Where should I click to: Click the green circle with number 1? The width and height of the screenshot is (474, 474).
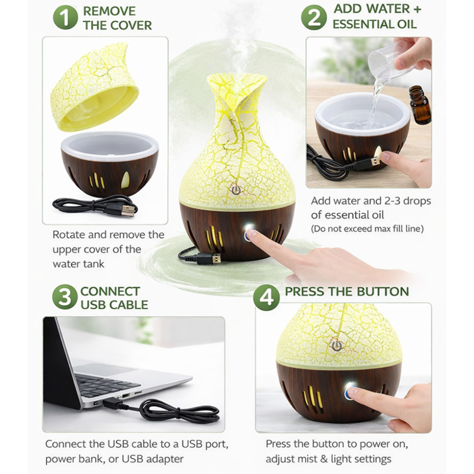click(x=65, y=17)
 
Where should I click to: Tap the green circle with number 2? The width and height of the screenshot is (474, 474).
click(x=314, y=17)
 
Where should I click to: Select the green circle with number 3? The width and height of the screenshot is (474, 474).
click(x=65, y=297)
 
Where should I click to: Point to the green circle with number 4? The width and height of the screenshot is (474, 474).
click(x=267, y=297)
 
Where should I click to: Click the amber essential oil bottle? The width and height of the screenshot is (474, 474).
click(x=420, y=104)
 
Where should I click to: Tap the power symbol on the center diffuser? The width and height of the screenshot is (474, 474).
click(x=236, y=190)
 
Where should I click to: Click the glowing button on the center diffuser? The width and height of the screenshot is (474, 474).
click(x=249, y=228)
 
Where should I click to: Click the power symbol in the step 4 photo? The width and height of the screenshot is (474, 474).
click(x=336, y=344)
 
